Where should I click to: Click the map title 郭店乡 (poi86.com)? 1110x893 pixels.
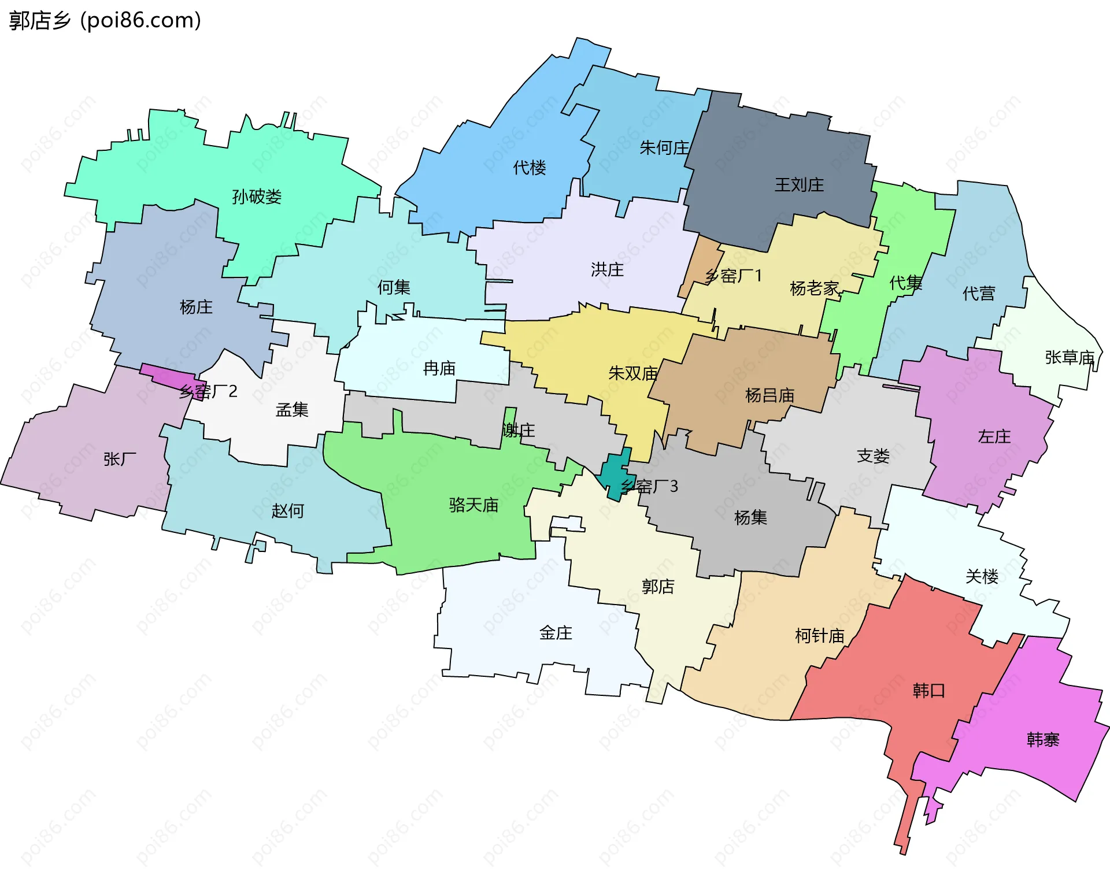(x=105, y=21)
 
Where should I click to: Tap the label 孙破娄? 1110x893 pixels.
(x=257, y=197)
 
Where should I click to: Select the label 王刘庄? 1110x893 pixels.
(x=799, y=185)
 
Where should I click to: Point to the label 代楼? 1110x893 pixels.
(x=530, y=168)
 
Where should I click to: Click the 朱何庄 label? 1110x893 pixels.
(x=664, y=148)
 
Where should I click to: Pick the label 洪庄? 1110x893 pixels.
(x=607, y=269)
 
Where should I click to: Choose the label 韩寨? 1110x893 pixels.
(x=1043, y=740)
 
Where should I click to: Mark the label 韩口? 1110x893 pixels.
(x=928, y=691)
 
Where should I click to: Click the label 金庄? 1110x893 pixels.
(x=556, y=633)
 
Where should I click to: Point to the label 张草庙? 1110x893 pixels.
(x=1070, y=358)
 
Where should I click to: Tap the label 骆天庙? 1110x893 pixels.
(x=473, y=505)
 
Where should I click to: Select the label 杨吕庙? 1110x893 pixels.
(x=769, y=395)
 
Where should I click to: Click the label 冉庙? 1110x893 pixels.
(x=439, y=368)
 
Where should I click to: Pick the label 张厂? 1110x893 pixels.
(x=120, y=459)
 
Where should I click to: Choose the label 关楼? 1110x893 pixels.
(x=982, y=576)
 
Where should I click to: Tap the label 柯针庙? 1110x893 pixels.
(x=819, y=636)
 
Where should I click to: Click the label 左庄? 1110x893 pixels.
(x=994, y=436)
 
